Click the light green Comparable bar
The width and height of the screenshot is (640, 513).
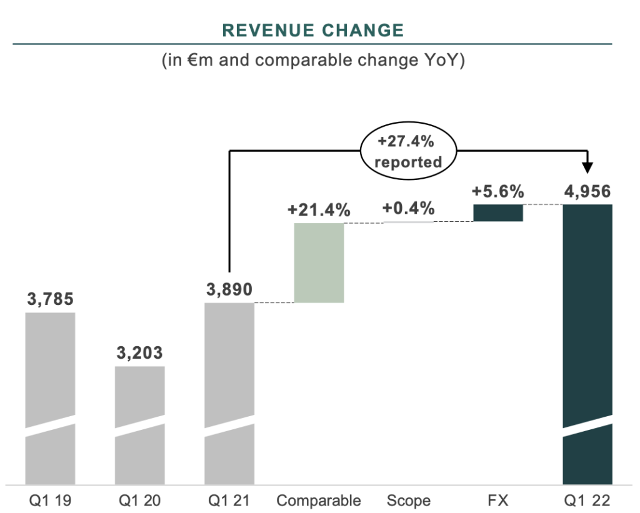click(x=319, y=262)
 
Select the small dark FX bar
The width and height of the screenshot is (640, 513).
click(x=498, y=212)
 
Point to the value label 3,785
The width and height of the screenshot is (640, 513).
click(x=51, y=299)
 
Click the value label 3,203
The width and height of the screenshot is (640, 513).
click(x=140, y=353)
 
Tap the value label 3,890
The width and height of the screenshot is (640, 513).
click(x=229, y=289)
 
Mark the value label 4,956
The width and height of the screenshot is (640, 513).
click(x=587, y=191)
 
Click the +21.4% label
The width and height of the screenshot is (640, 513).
click(x=319, y=211)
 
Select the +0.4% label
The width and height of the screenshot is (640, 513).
click(x=409, y=209)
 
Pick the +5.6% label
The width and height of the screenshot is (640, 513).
click(x=498, y=192)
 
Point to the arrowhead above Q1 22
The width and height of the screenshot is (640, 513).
click(x=587, y=168)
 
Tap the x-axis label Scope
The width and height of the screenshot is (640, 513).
click(x=409, y=501)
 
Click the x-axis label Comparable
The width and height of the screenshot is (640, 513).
click(x=319, y=501)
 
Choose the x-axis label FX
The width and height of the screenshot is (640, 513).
click(x=498, y=501)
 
